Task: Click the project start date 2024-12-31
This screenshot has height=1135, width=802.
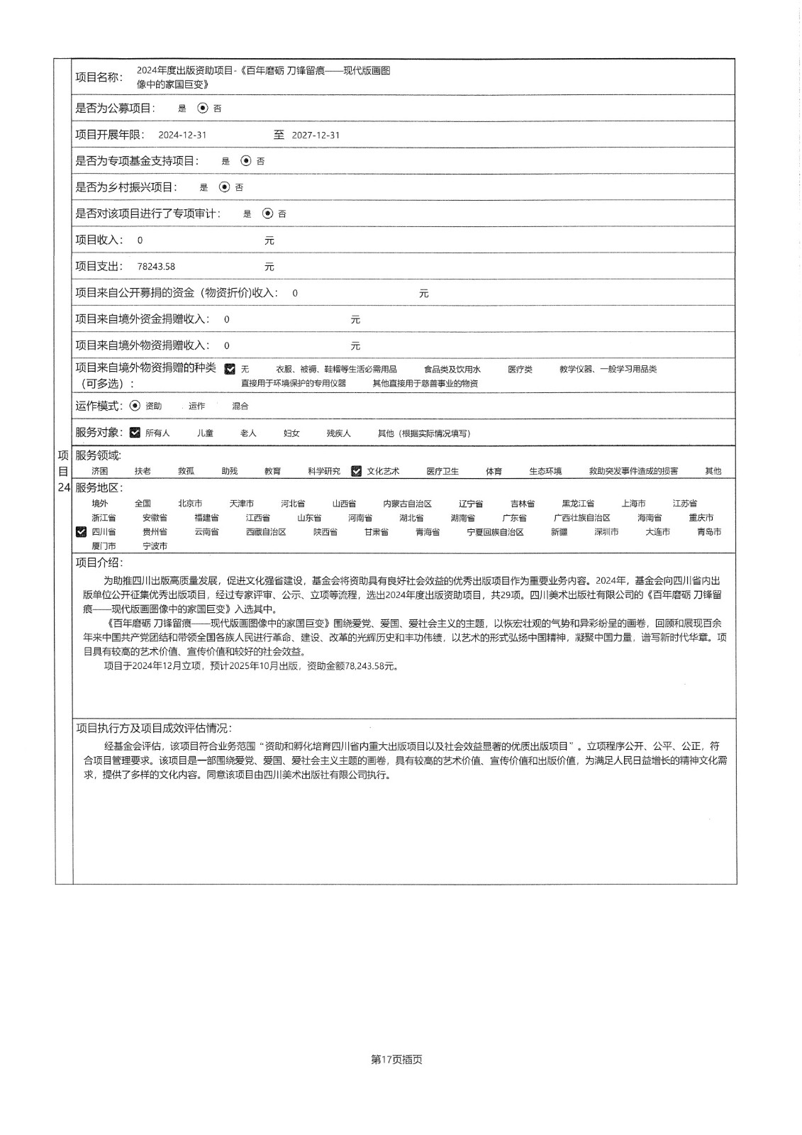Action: coord(182,135)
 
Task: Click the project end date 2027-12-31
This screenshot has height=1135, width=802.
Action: coord(316,135)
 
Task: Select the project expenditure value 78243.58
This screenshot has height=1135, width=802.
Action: coord(156,267)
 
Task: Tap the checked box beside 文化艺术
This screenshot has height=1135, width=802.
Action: coord(356,471)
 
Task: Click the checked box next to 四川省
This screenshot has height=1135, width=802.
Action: coord(81,531)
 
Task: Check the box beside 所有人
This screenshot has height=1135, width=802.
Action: coord(135,433)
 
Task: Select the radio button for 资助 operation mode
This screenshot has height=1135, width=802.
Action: coord(135,406)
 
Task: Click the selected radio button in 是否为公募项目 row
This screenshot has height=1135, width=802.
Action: coord(203,109)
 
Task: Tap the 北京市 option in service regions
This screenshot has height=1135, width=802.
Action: coord(190,503)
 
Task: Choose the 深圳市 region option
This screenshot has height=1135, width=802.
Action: coord(606,531)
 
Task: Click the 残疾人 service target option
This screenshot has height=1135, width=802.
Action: coord(338,433)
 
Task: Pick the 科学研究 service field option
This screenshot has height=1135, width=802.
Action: coord(323,471)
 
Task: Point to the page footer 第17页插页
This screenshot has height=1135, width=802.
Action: coord(396,1060)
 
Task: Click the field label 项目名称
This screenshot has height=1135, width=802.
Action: coord(99,77)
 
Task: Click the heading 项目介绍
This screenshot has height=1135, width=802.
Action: coord(99,563)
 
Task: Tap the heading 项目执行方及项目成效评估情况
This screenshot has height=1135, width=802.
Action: coord(153,729)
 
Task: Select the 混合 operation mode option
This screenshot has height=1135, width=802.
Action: coord(240,406)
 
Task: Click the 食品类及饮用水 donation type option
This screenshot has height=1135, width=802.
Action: coord(452,369)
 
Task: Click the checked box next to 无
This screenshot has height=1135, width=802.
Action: coord(230,369)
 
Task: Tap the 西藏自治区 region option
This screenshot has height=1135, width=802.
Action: coord(266,531)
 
